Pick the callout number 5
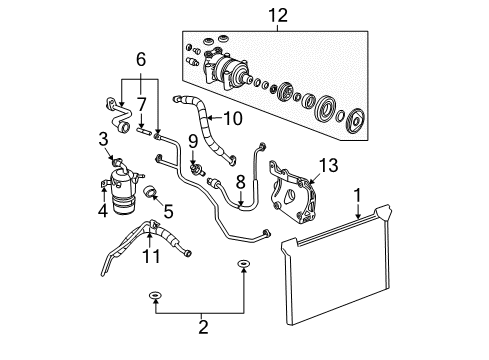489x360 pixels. coord(141,60)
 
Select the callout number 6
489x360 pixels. coord(141,104)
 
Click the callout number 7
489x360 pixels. coord(239,181)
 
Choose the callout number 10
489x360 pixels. coord(151,258)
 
